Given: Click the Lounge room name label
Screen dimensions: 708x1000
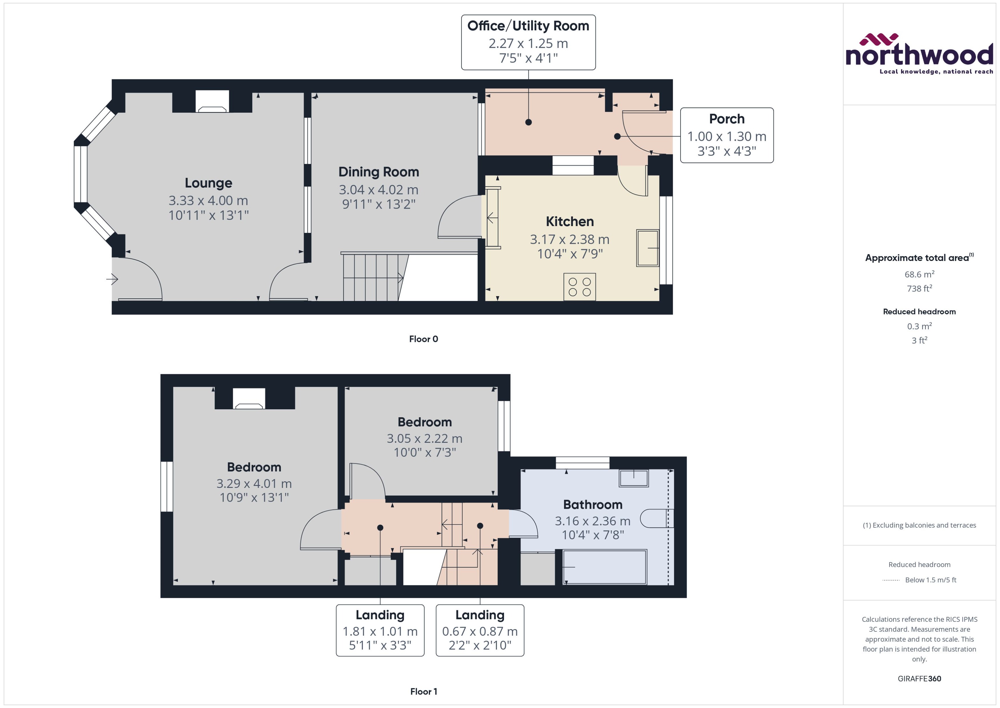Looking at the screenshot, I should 208,183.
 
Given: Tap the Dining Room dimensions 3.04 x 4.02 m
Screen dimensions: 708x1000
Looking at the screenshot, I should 378,190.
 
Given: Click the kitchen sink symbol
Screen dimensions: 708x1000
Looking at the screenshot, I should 647,248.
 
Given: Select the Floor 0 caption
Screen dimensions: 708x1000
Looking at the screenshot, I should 423,339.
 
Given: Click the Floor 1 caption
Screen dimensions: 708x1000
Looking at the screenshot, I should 423,691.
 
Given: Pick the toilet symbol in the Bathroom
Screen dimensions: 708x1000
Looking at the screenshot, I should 656,518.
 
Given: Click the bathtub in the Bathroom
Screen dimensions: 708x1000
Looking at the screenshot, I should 605,567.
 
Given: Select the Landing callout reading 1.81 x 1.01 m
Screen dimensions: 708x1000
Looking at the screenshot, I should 380,630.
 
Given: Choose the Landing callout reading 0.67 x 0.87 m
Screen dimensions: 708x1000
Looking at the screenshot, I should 480,630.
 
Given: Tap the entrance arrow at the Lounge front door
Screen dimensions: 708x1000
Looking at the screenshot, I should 112,279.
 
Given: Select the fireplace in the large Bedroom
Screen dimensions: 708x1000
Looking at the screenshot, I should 249,398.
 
